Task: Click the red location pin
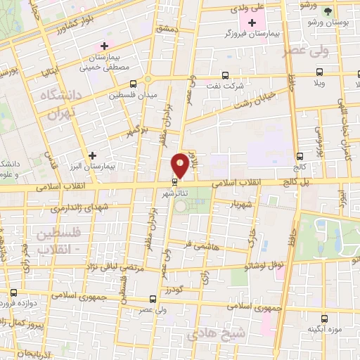[x=180, y=165]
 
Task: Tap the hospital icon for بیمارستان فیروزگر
[x=252, y=22]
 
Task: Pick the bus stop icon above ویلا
[x=319, y=72]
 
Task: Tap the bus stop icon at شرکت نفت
[x=225, y=75]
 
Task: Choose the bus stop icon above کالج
[x=300, y=156]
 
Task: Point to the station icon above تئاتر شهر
[x=174, y=184]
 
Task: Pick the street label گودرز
[x=174, y=289]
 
